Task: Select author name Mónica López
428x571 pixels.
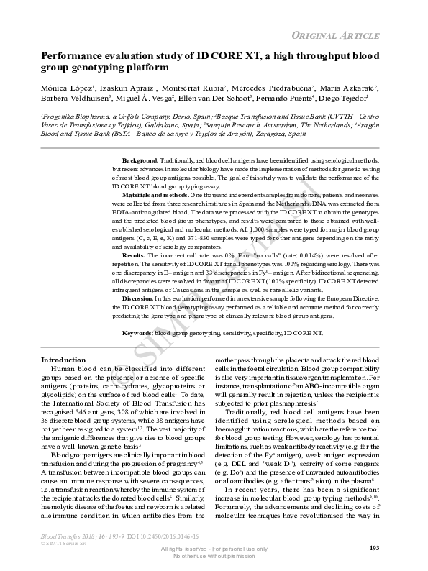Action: (x=68, y=88)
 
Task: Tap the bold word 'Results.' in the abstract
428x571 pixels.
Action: (x=134, y=255)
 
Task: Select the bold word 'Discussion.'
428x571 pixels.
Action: (x=138, y=298)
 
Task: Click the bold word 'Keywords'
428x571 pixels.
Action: (x=137, y=333)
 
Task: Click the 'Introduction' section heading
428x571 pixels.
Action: (x=63, y=360)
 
